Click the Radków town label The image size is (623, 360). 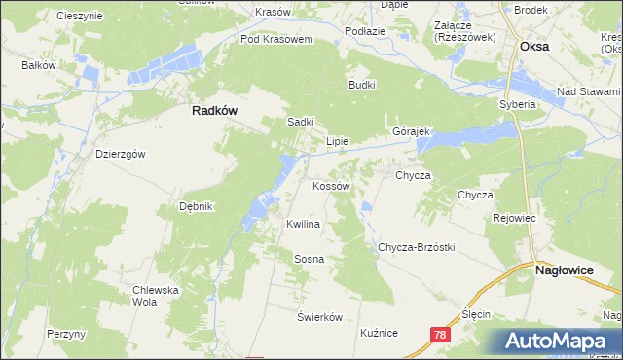215,111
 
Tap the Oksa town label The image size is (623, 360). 534,46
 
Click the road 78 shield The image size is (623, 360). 441,333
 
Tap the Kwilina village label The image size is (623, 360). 303,224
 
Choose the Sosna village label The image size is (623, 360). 309,259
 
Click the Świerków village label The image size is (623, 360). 320,317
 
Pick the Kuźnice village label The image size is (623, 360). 379,333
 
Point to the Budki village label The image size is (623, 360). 362,85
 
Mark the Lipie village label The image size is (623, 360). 337,140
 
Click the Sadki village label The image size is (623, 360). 300,122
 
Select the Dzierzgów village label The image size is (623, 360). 121,154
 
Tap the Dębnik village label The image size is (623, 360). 196,206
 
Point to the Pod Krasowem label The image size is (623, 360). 276,40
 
